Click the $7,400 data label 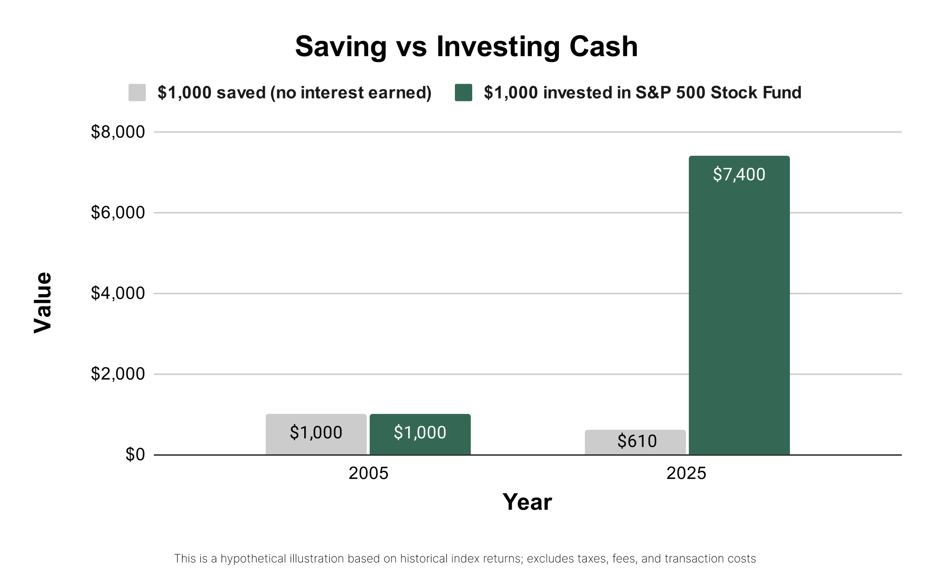pyautogui.click(x=739, y=175)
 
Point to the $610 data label pyautogui.click(x=637, y=441)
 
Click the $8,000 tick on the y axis pyautogui.click(x=117, y=132)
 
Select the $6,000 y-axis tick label pyautogui.click(x=117, y=212)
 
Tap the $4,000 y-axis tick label pyautogui.click(x=117, y=293)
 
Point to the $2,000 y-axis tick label pyautogui.click(x=117, y=374)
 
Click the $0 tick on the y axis pyautogui.click(x=135, y=454)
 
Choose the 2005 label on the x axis pyautogui.click(x=368, y=474)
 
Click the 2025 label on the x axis pyautogui.click(x=686, y=474)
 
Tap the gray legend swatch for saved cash pyautogui.click(x=137, y=93)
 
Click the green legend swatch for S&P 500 pyautogui.click(x=464, y=93)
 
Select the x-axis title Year pyautogui.click(x=527, y=502)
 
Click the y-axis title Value pyautogui.click(x=43, y=302)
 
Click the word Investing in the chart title pyautogui.click(x=498, y=47)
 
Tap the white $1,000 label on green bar pyautogui.click(x=420, y=433)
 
